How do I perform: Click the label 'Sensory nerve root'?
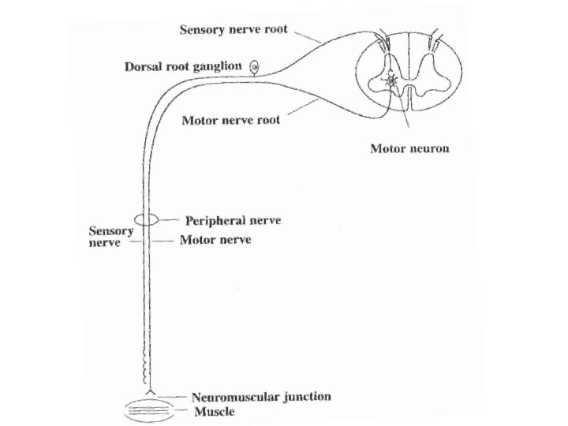(x=234, y=31)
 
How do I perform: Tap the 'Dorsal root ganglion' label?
(x=183, y=67)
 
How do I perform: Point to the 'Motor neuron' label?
(x=409, y=148)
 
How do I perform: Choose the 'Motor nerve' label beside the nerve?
(x=215, y=239)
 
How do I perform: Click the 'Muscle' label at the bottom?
(x=215, y=411)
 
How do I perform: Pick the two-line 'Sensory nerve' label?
(x=104, y=237)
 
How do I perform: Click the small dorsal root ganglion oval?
(x=255, y=67)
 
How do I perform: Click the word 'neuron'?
(x=430, y=148)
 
